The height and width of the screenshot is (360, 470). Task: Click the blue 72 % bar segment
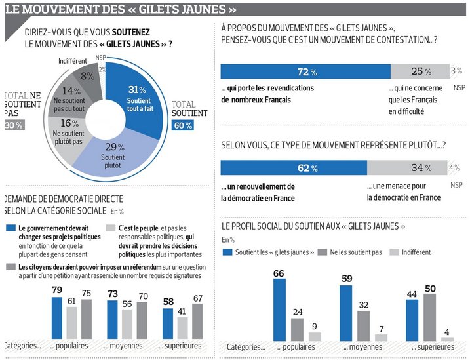point(305,71)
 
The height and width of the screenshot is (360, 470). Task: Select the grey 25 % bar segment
point(420,71)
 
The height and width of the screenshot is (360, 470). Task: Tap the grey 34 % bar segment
point(406,168)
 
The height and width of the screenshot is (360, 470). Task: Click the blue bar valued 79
point(57,317)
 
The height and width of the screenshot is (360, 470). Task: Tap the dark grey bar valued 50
point(431,317)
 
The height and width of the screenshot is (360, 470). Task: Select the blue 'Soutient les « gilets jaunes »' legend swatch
point(228,252)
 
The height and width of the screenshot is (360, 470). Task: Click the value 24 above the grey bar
point(297,312)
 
